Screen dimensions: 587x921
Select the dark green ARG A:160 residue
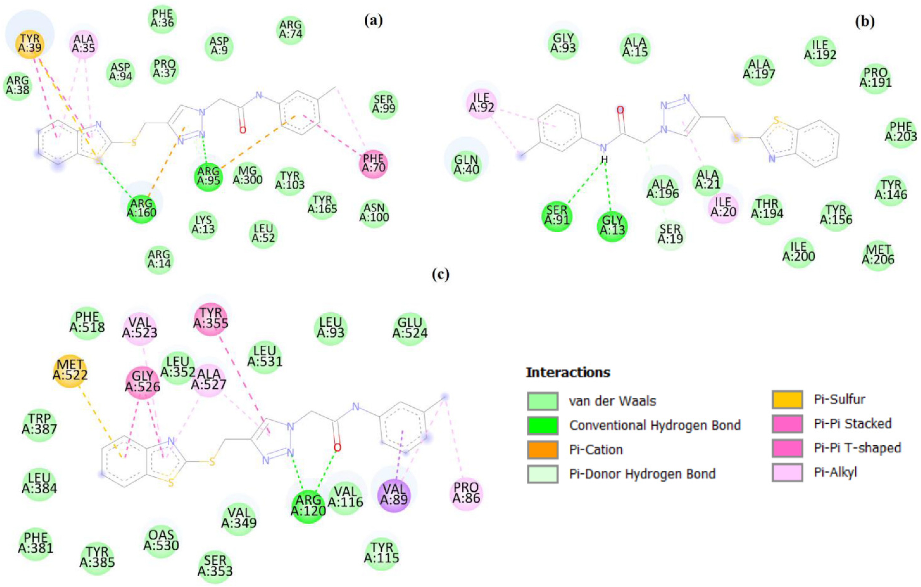[142, 209]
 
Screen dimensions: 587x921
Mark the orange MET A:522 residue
[70, 371]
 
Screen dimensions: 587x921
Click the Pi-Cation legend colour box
[542, 450]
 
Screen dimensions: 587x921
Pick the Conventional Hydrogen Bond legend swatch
[542, 425]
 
